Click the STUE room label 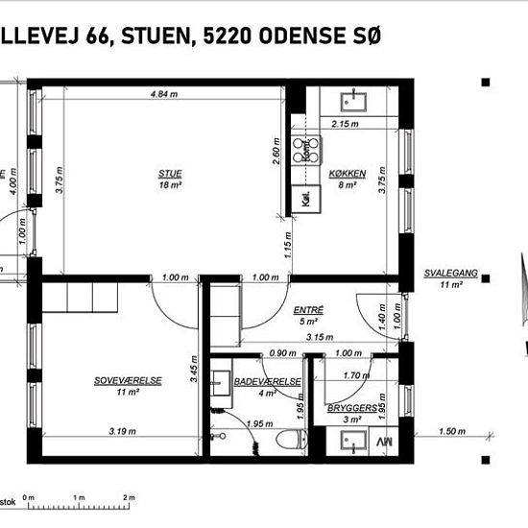point(171,173)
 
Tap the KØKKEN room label point(347,173)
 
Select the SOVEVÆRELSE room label point(128,380)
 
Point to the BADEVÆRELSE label point(268,381)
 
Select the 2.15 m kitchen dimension point(346,124)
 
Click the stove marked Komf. point(307,149)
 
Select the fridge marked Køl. point(306,201)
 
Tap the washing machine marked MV point(384,442)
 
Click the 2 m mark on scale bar point(129,497)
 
